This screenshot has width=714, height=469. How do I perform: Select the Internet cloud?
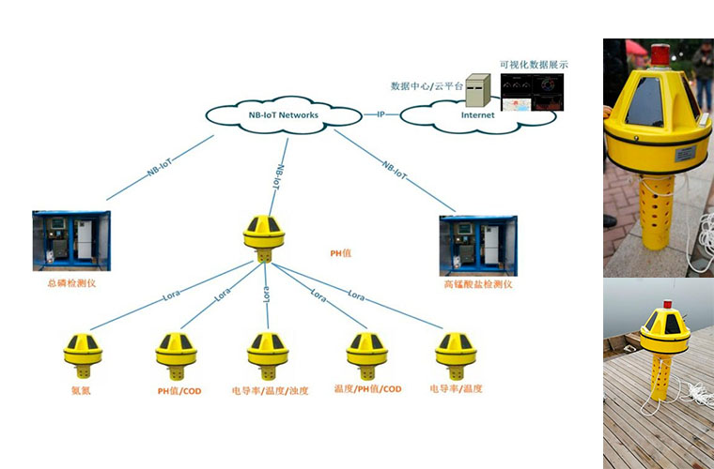[x=477, y=115]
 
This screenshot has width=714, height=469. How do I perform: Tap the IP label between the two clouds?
[x=380, y=114]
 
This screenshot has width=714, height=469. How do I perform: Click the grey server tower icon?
[x=477, y=89]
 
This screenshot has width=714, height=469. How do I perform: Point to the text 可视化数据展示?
[x=534, y=65]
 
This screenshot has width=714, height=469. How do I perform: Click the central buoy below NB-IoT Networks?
[x=264, y=233]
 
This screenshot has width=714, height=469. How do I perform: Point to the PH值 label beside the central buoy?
[x=334, y=252]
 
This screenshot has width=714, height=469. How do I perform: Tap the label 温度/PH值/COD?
[x=367, y=388]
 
